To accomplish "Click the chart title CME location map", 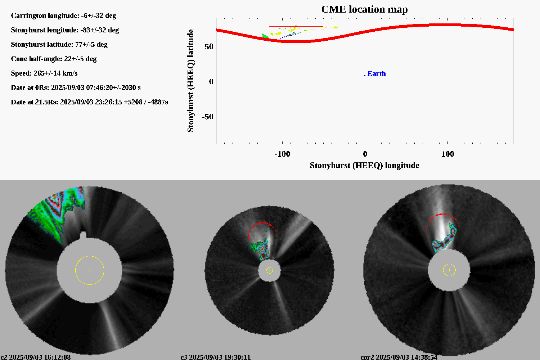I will click(364, 9).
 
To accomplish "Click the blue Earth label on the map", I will click(377, 73).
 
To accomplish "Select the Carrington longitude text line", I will click(63, 15).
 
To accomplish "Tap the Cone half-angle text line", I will click(54, 59).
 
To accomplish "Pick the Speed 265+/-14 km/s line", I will click(44, 73).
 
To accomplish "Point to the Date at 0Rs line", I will click(76, 87).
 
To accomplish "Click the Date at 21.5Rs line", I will click(89, 102).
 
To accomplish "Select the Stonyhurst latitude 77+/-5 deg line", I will click(59, 44).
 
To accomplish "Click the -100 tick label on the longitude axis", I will click(282, 154).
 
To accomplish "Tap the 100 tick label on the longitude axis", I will click(447, 154).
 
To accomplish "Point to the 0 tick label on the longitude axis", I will click(365, 154).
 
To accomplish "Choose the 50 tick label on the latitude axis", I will click(209, 47).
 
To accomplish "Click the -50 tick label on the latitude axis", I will click(207, 117).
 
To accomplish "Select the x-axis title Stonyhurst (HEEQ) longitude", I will click(364, 165).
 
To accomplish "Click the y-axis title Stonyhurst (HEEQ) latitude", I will click(190, 81).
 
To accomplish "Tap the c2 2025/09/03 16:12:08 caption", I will click(36, 357).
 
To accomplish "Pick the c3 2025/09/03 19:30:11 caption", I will click(215, 357).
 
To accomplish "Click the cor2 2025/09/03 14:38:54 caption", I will click(399, 357).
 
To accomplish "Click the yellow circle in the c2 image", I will click(90, 270).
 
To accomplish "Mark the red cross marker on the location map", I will click(296, 26).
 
